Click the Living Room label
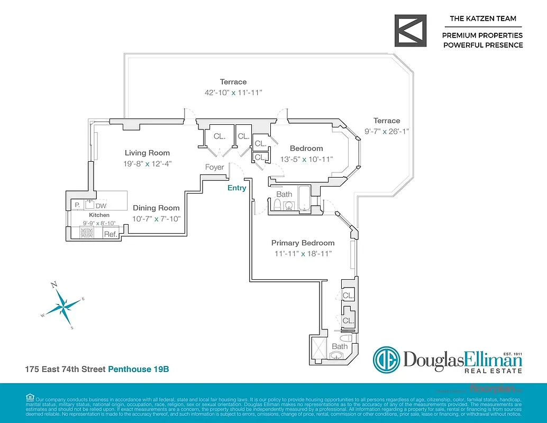143,153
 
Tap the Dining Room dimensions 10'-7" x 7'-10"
156,219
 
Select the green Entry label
236,188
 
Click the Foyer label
215,167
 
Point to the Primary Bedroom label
303,243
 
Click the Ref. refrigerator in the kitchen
111,234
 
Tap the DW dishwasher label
101,206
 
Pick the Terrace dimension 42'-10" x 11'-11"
233,93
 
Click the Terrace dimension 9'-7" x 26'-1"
386,131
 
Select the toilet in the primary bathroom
346,338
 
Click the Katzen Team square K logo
411,31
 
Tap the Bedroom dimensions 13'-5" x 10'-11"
306,159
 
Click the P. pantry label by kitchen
77,205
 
